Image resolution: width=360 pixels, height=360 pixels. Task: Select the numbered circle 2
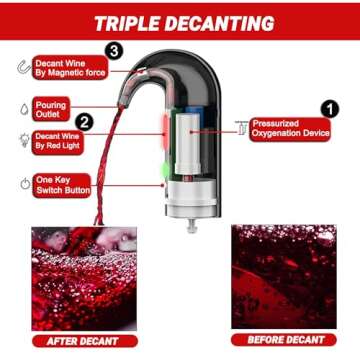coord(86,123)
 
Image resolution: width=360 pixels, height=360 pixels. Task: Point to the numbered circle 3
coord(114,50)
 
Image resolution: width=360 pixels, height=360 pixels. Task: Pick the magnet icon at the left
coord(21,68)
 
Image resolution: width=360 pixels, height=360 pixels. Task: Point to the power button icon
coord(22,184)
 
